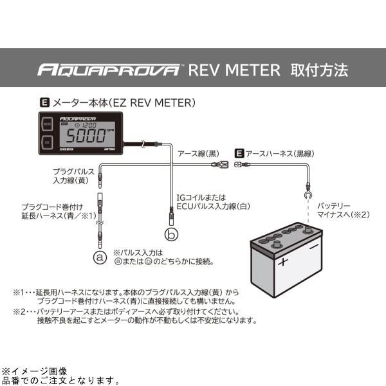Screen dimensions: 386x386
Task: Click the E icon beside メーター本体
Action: [x=44, y=102]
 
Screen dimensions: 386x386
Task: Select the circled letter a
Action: [x=99, y=257]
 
